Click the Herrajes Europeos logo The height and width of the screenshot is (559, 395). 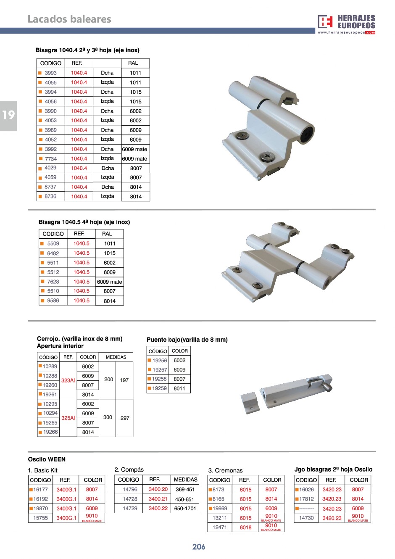click(346, 24)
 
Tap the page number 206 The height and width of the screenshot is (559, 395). click(199, 546)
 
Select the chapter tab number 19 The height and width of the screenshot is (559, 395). click(8, 115)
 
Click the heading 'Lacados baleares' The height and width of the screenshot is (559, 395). click(69, 19)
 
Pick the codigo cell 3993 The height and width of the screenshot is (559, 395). click(50, 73)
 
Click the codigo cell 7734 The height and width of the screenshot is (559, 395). click(50, 159)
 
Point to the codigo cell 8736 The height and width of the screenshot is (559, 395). click(50, 196)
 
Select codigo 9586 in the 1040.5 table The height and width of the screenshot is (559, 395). click(53, 301)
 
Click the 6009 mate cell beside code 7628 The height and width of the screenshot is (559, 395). click(109, 282)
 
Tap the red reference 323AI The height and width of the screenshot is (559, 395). click(68, 380)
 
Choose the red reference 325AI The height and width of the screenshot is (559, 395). click(68, 418)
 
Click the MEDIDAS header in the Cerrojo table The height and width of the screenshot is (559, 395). click(116, 357)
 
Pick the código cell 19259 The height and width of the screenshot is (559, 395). click(159, 388)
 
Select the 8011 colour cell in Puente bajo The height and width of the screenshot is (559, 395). click(179, 388)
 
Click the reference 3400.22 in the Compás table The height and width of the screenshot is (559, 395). click(158, 509)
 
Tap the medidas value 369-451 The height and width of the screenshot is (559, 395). click(185, 490)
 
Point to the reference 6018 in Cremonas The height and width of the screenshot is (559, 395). click(245, 527)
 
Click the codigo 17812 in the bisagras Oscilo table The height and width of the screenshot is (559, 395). click(306, 499)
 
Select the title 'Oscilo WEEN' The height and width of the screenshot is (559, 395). click(47, 459)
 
